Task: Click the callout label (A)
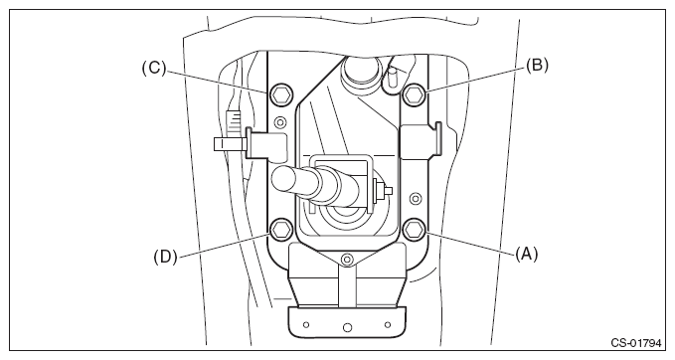point(527,254)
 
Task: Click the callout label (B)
point(537,66)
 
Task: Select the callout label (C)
point(154,68)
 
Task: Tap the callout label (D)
point(165,257)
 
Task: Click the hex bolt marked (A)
point(415,229)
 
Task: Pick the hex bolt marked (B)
point(415,94)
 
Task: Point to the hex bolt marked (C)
point(280,94)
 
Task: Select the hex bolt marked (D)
point(280,229)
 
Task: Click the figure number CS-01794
point(635,343)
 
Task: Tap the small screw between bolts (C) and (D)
point(280,122)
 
